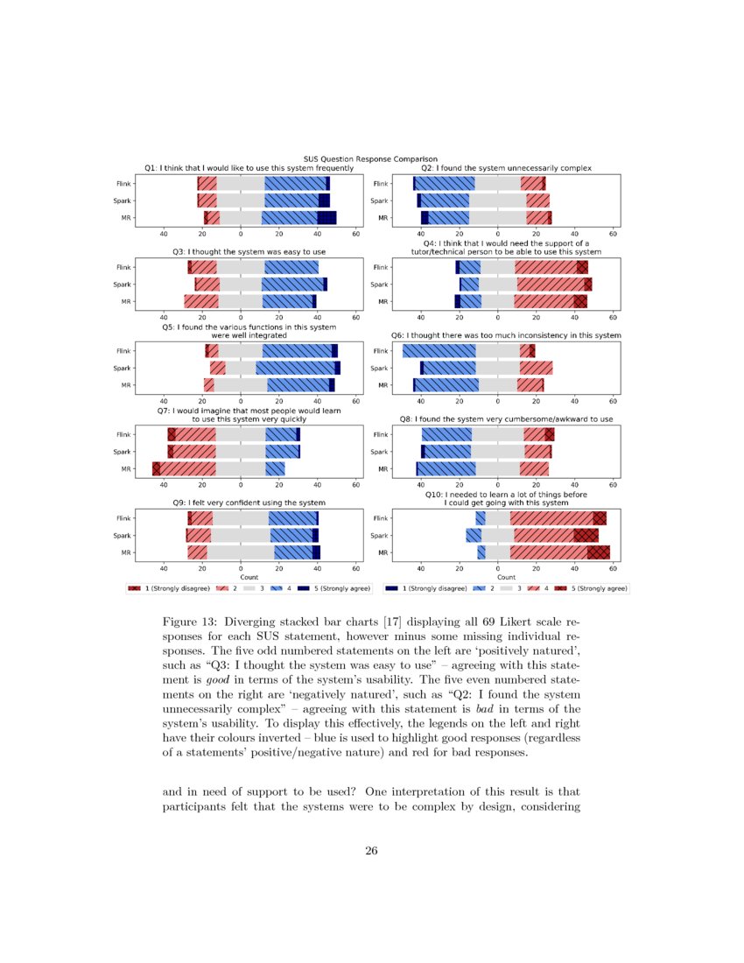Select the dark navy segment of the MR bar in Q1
click(326, 218)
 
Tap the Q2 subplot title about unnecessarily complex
click(506, 167)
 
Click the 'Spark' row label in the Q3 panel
click(123, 285)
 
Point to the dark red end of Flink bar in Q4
click(582, 267)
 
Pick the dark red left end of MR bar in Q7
click(157, 469)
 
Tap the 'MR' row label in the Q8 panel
click(383, 469)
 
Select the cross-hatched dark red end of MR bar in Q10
click(598, 552)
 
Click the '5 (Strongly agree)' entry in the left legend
click(331, 589)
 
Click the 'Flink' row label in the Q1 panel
click(123, 184)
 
